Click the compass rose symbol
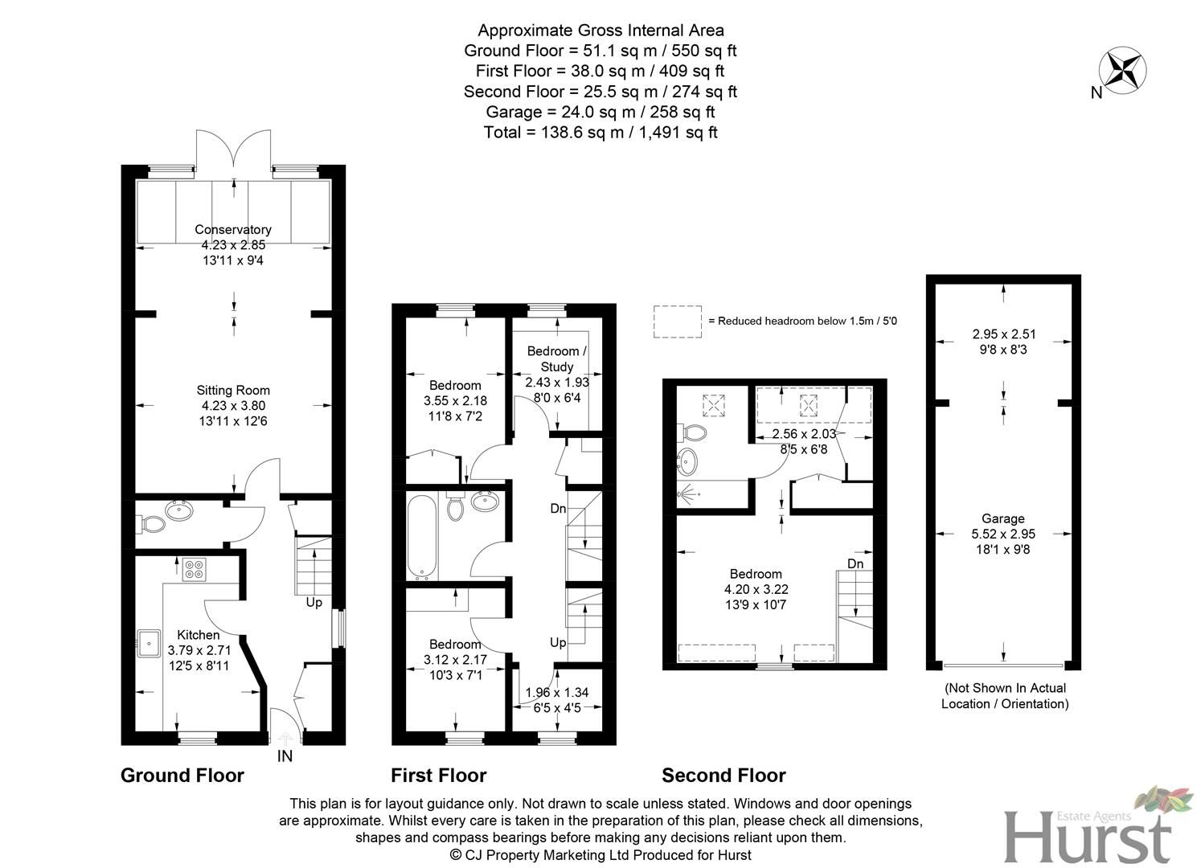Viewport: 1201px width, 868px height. tap(1122, 68)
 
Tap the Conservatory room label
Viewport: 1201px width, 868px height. tap(233, 230)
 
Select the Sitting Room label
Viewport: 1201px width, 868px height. tap(233, 391)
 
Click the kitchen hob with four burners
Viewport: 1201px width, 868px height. tap(194, 569)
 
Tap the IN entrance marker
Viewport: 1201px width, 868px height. tap(285, 756)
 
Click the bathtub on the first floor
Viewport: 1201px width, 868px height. tap(422, 538)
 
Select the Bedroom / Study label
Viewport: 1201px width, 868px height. tap(557, 358)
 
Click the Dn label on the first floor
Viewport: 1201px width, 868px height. tap(558, 509)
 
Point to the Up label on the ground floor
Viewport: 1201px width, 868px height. tap(314, 602)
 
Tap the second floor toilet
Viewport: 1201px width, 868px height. tap(693, 433)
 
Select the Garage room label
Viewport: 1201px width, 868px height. tap(1002, 519)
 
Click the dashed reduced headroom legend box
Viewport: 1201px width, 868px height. tap(677, 321)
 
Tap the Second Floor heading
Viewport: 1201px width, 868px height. tap(723, 776)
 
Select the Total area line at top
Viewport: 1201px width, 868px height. tap(600, 133)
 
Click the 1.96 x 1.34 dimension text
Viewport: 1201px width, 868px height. tap(557, 693)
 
